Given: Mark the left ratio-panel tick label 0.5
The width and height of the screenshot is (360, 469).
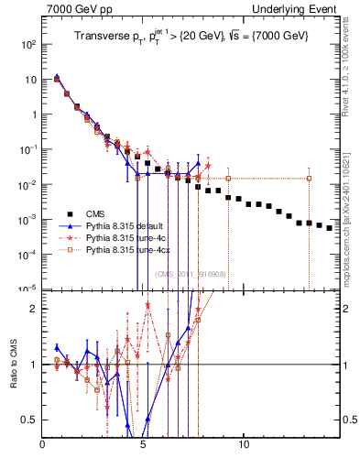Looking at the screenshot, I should [x=30, y=420].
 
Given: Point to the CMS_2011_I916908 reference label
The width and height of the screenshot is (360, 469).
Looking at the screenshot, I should [x=187, y=274].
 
